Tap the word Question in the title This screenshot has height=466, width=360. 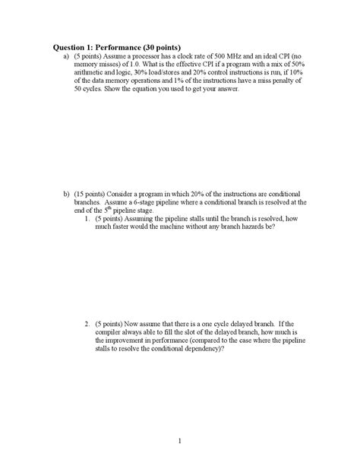[x=66, y=46]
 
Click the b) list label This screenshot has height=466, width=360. [x=67, y=194]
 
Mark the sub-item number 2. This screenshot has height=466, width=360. [x=88, y=324]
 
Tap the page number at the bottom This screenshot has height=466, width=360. [x=180, y=441]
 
